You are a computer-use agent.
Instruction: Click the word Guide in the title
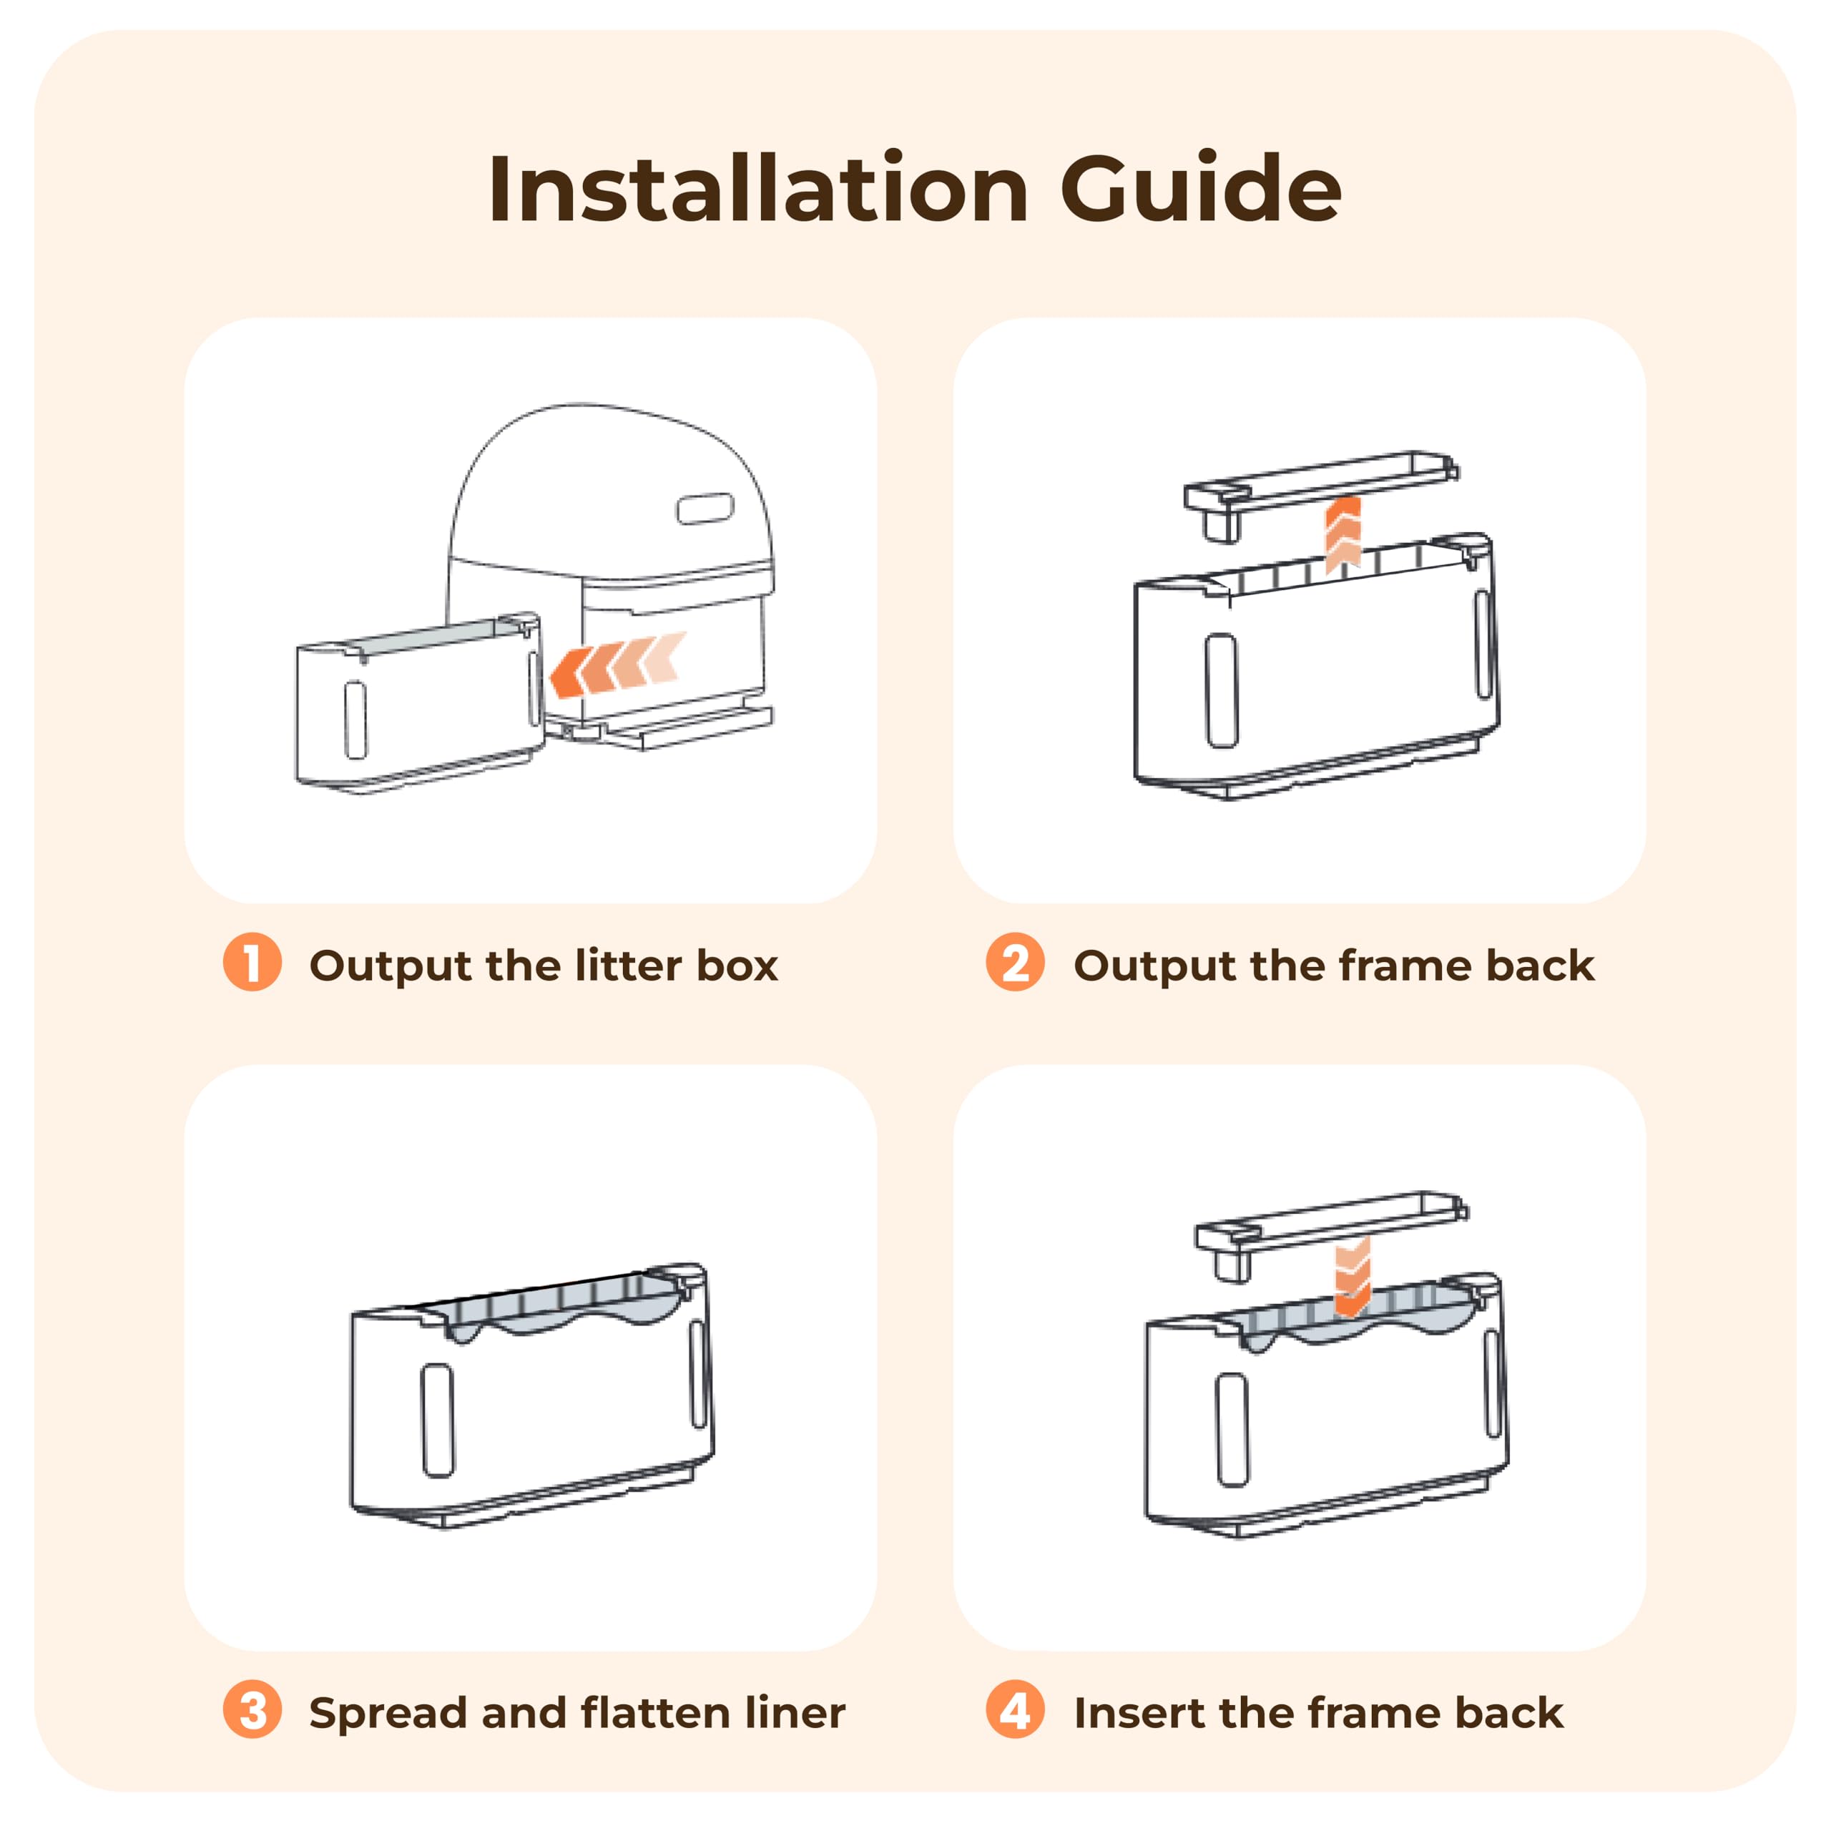[x=1200, y=190]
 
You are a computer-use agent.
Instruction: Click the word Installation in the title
[x=758, y=190]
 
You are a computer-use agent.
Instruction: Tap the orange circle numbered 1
[x=252, y=963]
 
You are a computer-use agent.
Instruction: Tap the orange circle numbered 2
[x=1015, y=963]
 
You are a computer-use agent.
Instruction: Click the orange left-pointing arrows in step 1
[x=616, y=664]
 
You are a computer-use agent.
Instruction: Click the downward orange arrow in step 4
[x=1353, y=1277]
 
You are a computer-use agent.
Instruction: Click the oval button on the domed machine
[x=705, y=509]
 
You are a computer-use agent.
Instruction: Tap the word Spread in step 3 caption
[x=388, y=1714]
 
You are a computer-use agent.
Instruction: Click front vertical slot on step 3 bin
[x=438, y=1420]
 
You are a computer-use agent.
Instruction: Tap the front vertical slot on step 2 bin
[x=1222, y=690]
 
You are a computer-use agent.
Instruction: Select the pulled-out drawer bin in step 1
[x=417, y=706]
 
